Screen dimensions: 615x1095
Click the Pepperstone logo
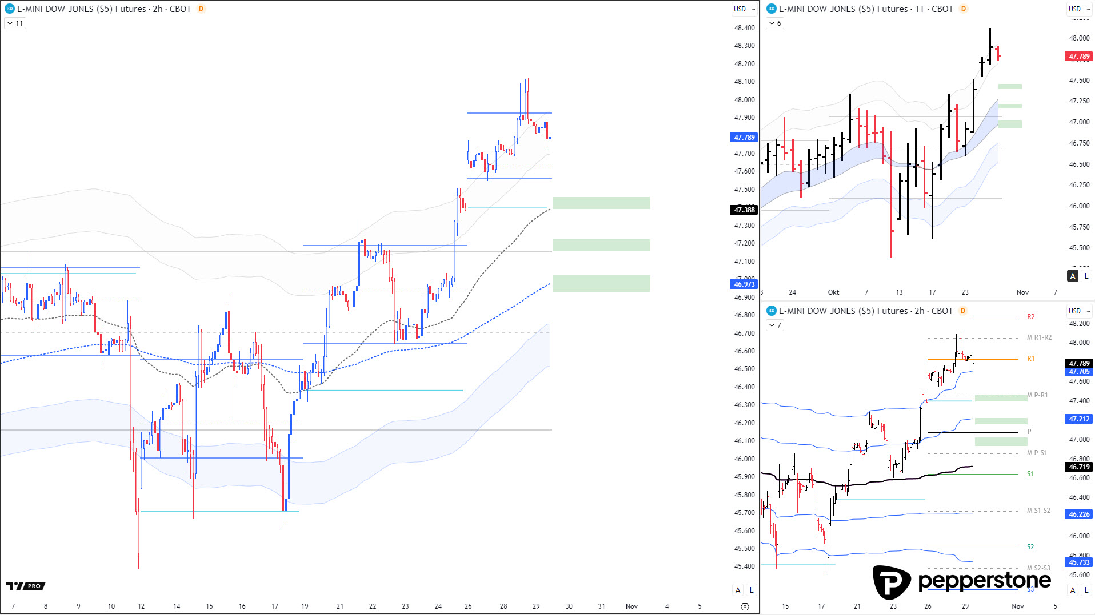961,581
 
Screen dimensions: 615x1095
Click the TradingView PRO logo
26,586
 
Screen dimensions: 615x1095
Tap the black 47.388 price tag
744,210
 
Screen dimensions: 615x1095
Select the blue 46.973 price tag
744,284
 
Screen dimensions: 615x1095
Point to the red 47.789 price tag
1078,57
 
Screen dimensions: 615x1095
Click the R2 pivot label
1030,317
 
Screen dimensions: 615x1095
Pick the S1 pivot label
1030,474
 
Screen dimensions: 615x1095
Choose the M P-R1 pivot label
1037,395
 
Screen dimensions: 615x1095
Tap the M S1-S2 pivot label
1038,511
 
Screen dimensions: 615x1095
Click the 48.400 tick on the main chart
744,28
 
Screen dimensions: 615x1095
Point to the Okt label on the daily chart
833,292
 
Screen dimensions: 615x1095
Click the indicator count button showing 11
15,23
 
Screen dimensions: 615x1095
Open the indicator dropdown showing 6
775,23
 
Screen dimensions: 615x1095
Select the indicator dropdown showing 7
775,325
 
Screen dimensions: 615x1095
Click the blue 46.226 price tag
1078,514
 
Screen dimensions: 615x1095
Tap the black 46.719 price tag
1078,467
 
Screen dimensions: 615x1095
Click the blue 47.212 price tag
1078,419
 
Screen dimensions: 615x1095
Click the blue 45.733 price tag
1078,562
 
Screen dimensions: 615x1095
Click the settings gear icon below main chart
744,606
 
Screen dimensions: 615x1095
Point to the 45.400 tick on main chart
744,566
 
